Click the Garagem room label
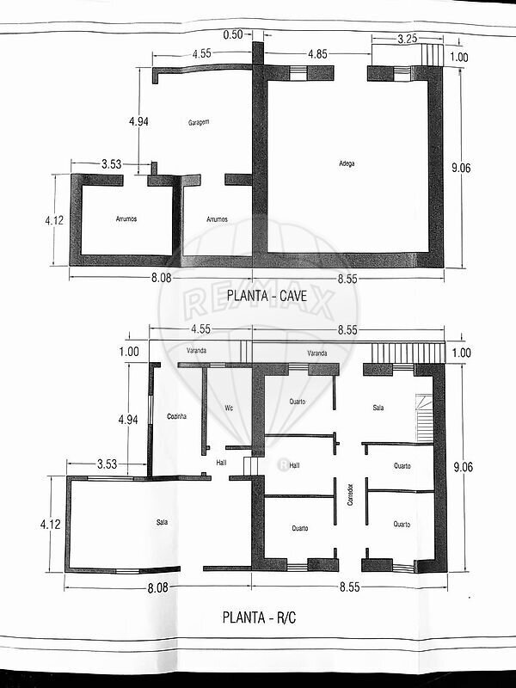(x=199, y=122)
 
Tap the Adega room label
(x=347, y=163)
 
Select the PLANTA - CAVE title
(x=267, y=296)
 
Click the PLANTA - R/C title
(x=260, y=617)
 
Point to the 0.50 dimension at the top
(x=233, y=34)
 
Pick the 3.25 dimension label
(x=407, y=39)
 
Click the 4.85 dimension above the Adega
(x=317, y=54)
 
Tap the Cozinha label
(x=177, y=416)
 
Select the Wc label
(x=229, y=408)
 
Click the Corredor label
(x=350, y=494)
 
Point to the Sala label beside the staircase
(x=378, y=408)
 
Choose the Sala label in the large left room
(x=162, y=522)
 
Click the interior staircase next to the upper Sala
(x=424, y=418)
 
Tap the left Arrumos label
(x=126, y=218)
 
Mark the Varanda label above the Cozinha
(x=196, y=351)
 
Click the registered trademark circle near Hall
(x=284, y=464)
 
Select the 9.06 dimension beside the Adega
(x=461, y=168)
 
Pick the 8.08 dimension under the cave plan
(x=161, y=278)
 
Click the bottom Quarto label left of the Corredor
(x=300, y=528)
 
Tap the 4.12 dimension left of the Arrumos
(x=54, y=220)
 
